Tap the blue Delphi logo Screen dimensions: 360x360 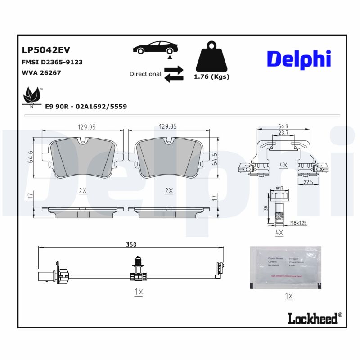click(299, 59)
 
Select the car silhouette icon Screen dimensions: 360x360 click(155, 48)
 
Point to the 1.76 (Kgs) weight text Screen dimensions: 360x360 click(211, 76)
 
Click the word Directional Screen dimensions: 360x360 click(145, 74)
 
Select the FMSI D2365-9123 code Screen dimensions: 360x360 click(52, 62)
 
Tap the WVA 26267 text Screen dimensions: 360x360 click(41, 72)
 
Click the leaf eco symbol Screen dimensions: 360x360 click(31, 96)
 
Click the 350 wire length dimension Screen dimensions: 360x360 click(130, 244)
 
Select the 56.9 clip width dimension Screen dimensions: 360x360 click(283, 126)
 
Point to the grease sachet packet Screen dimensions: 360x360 click(285, 267)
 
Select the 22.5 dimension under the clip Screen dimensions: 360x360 click(308, 182)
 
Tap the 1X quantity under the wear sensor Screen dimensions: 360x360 click(138, 292)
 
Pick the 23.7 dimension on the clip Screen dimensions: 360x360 click(283, 133)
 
